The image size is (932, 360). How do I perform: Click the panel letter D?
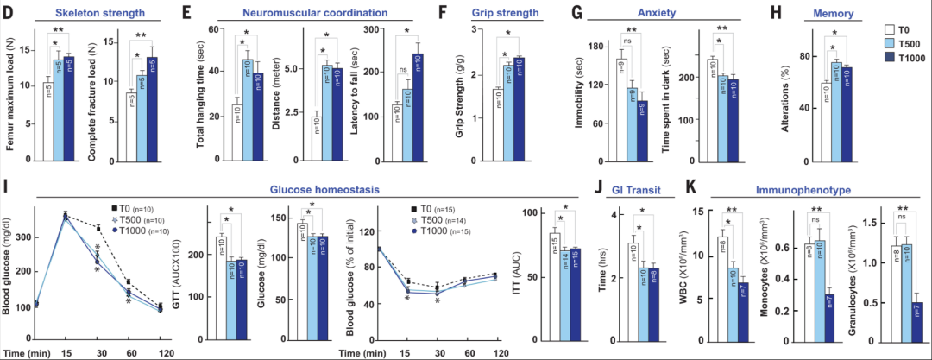point(9,14)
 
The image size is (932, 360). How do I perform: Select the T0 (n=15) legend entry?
point(440,210)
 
